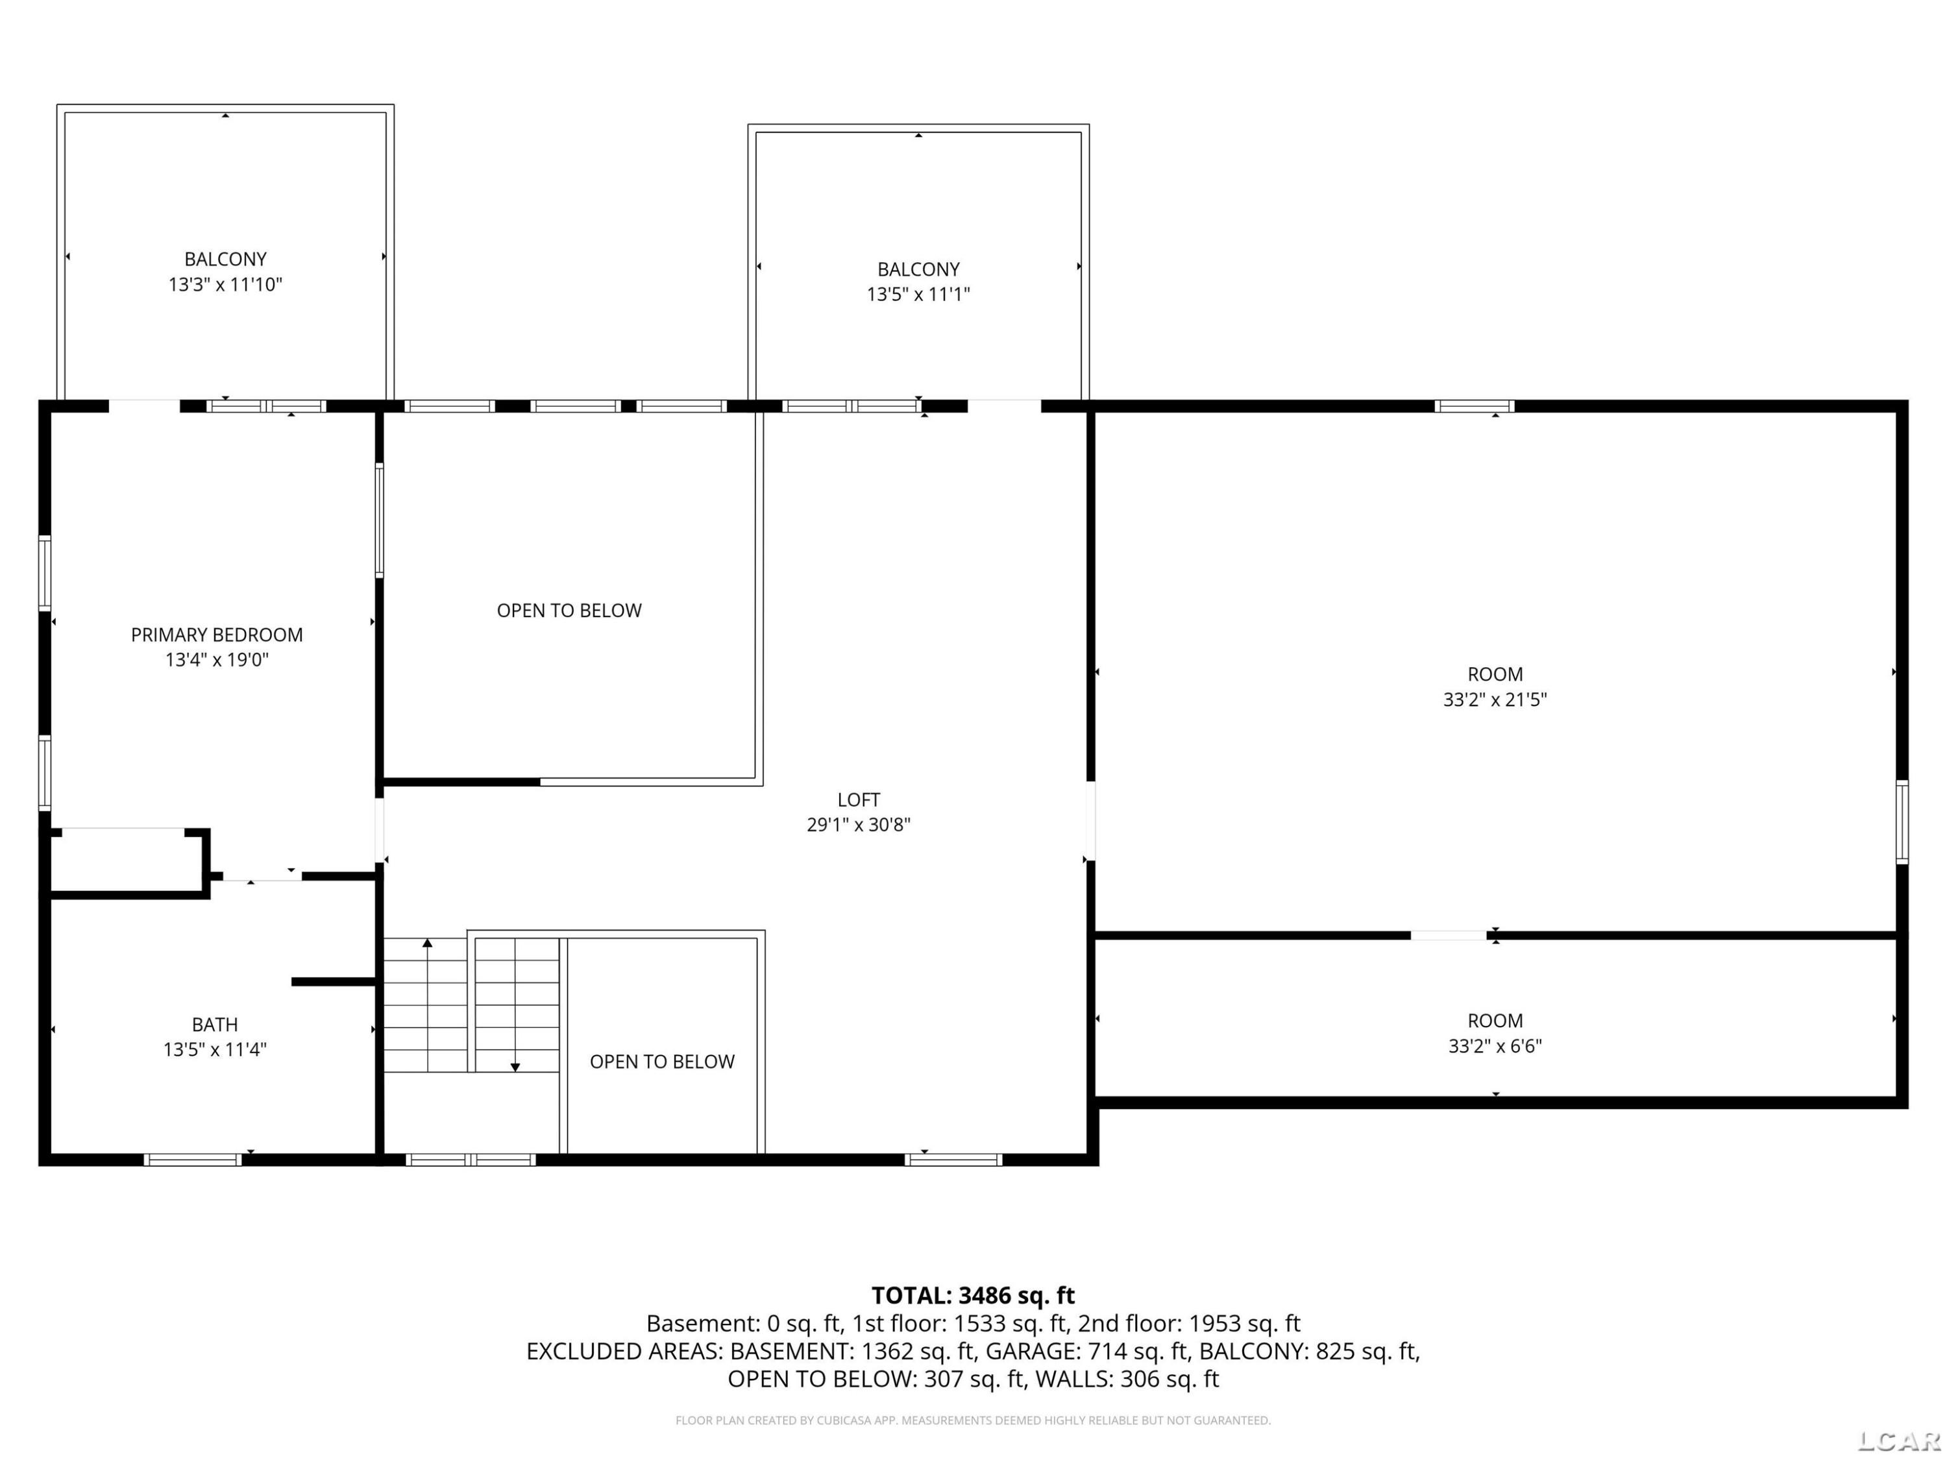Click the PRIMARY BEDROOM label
(217, 635)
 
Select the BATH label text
(215, 1025)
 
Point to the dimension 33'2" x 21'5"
(1495, 700)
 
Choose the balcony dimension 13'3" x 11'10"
(225, 284)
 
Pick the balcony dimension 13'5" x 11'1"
(918, 294)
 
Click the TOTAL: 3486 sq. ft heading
(973, 1295)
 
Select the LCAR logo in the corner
(1898, 1440)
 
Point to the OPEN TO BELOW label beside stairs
(662, 1062)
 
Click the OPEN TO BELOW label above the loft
(569, 611)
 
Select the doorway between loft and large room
(1090, 821)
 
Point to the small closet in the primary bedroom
(128, 862)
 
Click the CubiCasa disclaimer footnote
(973, 1420)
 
